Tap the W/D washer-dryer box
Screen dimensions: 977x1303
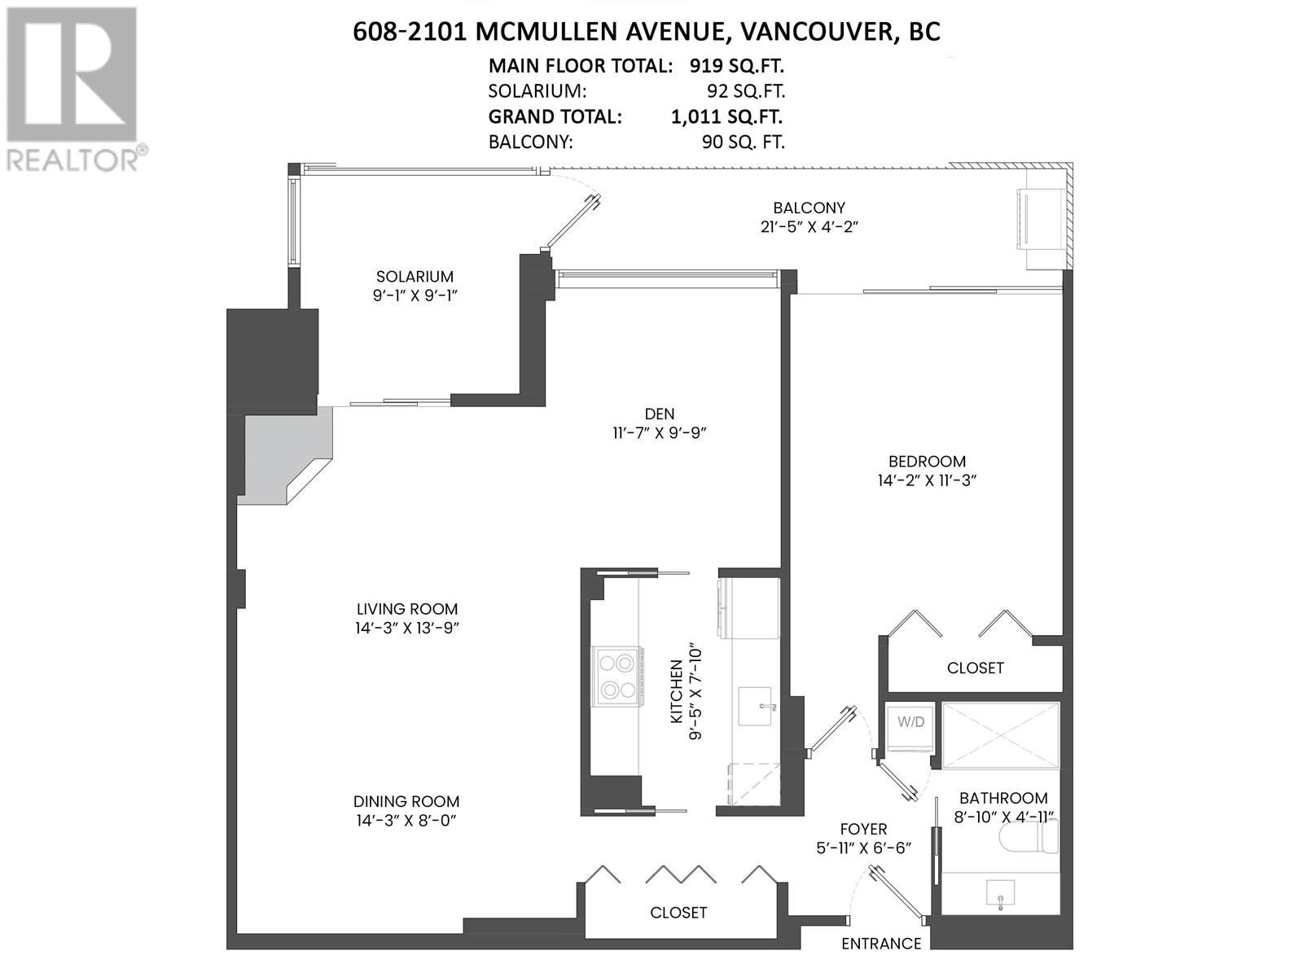[x=910, y=722]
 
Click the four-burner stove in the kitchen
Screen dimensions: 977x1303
[x=617, y=676]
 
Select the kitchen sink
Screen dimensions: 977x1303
[x=757, y=706]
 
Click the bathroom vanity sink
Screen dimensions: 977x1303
[x=999, y=894]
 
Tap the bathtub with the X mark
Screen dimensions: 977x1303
[x=1000, y=735]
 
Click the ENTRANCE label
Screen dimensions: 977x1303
[x=881, y=944]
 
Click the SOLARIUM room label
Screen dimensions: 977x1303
[x=415, y=277]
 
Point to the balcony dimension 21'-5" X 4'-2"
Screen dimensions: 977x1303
[x=809, y=227]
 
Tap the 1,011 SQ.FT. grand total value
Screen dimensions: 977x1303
[x=727, y=116]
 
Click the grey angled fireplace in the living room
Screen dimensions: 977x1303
[x=285, y=456]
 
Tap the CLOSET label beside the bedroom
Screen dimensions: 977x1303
[x=975, y=668]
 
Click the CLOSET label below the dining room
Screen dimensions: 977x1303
[x=678, y=913]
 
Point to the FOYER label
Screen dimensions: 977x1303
[x=863, y=829]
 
